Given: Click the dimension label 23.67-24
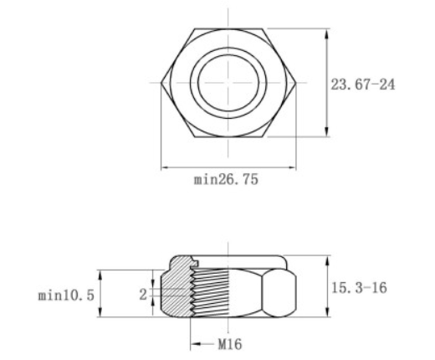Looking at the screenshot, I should coord(364,85).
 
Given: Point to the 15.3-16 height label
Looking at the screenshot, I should coord(360,286).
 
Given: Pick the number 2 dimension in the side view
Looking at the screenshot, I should coord(144,294).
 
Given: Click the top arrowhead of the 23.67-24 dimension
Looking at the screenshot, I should coord(325,33).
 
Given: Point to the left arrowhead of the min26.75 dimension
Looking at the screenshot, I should coord(165,167).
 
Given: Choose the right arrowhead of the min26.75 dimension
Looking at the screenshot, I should coord(292,167).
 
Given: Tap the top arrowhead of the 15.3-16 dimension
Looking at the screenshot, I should coord(325,258).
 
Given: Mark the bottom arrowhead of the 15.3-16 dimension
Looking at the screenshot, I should coord(325,315).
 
